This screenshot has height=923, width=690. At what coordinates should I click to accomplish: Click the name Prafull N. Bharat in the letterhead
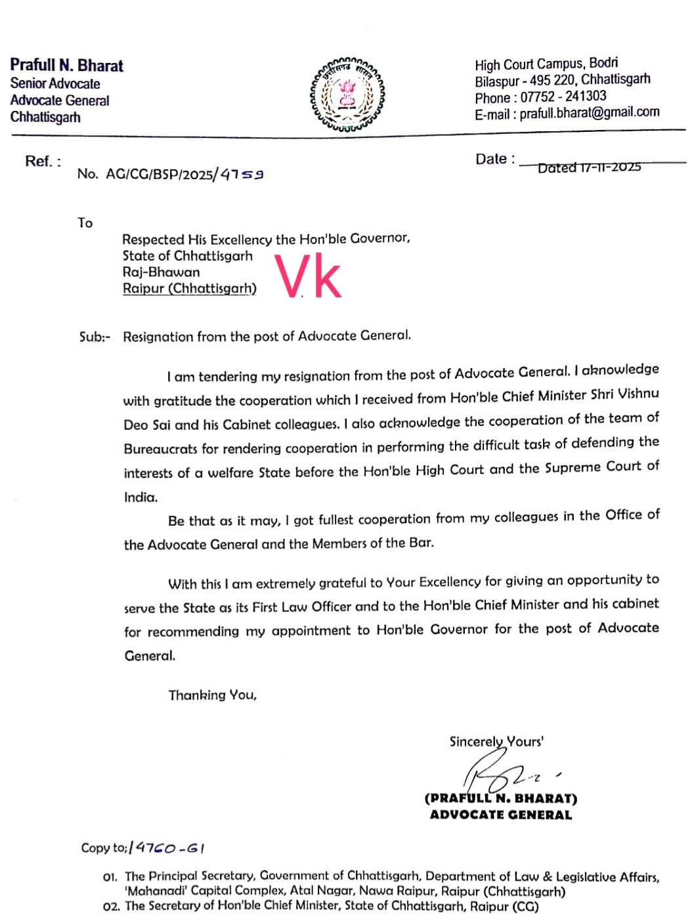pos(66,66)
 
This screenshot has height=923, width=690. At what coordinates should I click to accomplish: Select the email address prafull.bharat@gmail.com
pos(590,113)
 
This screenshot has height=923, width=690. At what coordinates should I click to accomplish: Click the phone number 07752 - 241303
pos(563,97)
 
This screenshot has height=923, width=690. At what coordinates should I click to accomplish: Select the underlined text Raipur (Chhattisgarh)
pos(190,288)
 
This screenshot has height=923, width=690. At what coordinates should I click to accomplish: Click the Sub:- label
pos(95,337)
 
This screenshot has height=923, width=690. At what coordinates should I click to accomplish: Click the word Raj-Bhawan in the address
pos(161,272)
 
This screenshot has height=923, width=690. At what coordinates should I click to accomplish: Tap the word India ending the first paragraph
pos(140,497)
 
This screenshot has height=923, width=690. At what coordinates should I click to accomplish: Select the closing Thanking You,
pos(212,695)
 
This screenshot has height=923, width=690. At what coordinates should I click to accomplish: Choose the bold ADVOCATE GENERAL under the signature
pos(501,815)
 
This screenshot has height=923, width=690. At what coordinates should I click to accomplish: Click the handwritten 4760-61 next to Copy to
pos(167,848)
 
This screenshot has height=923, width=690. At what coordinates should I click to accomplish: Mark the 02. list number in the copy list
pos(111,906)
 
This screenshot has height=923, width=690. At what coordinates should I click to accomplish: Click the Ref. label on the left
pos(43,161)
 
